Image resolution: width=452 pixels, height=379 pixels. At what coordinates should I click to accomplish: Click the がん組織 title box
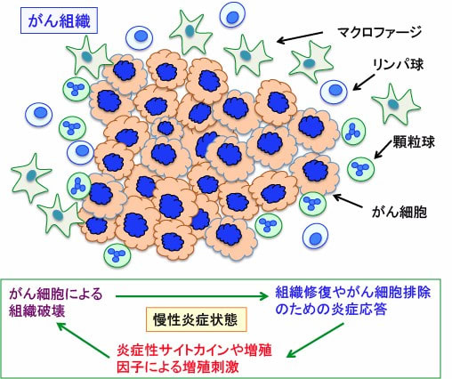click(x=59, y=20)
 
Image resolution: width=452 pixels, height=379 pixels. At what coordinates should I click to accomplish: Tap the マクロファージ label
click(x=379, y=32)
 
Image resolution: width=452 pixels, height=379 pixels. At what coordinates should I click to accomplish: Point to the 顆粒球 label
click(x=414, y=141)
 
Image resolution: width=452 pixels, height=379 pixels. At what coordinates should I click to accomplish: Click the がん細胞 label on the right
click(x=400, y=212)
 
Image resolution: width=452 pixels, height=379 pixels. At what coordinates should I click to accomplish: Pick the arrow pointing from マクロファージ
click(x=300, y=37)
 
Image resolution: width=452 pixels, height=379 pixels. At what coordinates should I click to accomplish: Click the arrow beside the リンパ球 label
click(x=364, y=82)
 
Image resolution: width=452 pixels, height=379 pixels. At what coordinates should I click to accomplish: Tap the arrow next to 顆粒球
click(x=383, y=149)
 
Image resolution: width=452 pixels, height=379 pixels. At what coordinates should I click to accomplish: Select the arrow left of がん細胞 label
click(x=347, y=201)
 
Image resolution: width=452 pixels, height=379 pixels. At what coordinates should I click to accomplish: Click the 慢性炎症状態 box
click(x=196, y=319)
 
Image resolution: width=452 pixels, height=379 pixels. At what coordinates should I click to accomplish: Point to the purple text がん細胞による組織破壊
click(x=56, y=302)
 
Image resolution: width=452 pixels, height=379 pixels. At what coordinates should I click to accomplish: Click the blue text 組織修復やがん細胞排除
click(x=353, y=293)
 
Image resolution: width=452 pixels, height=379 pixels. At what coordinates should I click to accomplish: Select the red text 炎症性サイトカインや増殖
click(x=194, y=351)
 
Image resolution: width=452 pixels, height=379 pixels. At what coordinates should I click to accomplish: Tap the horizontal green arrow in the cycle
click(x=192, y=296)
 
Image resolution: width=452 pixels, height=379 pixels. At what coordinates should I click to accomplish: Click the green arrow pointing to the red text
click(x=315, y=340)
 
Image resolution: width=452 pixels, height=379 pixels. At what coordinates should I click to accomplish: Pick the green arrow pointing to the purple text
click(x=83, y=340)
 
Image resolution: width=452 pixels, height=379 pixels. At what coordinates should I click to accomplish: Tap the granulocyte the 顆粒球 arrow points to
click(x=360, y=169)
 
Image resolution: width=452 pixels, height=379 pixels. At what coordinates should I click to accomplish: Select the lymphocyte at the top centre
click(x=232, y=16)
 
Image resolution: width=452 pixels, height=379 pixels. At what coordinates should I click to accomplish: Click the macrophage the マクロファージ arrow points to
click(x=247, y=55)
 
